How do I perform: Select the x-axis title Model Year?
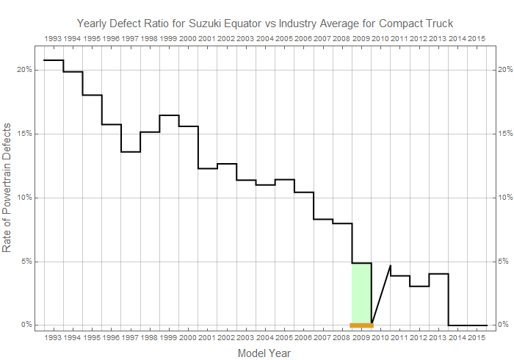point(264,353)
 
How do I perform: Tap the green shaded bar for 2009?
point(361,293)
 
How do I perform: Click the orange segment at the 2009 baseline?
point(361,325)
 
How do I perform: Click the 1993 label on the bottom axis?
point(54,338)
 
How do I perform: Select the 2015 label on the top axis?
point(477,37)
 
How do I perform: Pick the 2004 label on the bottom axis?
point(265,338)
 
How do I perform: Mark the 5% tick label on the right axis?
point(503,261)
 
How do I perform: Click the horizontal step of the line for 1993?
point(54,60)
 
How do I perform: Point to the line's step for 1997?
point(131,152)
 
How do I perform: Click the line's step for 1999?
point(169,115)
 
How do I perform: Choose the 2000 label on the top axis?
point(188,37)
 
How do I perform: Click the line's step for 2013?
point(438,274)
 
